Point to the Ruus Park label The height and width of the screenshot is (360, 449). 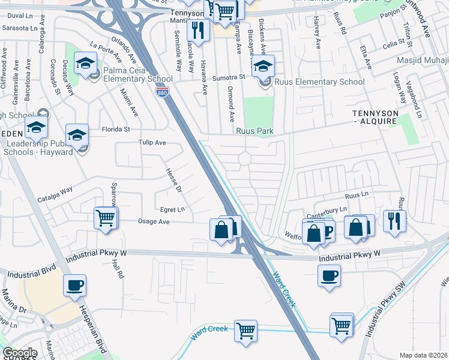point(255,131)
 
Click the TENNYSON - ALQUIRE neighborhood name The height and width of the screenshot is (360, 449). point(375,117)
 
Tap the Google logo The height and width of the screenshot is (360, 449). point(20,353)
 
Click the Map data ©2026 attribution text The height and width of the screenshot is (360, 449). point(424,355)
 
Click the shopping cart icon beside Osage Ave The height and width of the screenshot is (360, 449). point(106,217)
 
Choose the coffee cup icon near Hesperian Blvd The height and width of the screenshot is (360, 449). point(74,285)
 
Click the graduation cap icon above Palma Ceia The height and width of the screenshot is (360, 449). point(86,62)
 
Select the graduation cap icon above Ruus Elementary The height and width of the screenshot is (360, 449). point(262,65)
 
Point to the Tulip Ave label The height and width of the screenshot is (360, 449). point(152,143)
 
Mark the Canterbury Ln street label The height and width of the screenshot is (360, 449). point(327,209)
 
